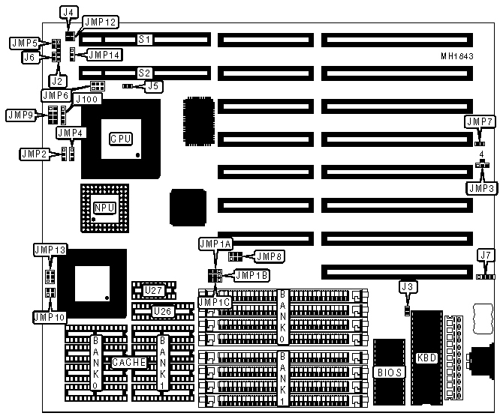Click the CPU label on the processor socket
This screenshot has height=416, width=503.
pyautogui.click(x=121, y=139)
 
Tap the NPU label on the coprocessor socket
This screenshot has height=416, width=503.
pyautogui.click(x=104, y=208)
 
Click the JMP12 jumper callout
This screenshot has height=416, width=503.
pyautogui.click(x=99, y=22)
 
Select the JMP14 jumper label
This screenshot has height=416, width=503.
pyautogui.click(x=105, y=54)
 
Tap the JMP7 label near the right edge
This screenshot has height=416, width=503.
pyautogui.click(x=479, y=121)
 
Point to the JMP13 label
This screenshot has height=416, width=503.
pyautogui.click(x=50, y=248)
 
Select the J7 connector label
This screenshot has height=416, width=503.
pyautogui.click(x=486, y=256)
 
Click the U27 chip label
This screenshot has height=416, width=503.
pyautogui.click(x=153, y=290)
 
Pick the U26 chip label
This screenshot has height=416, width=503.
pyautogui.click(x=162, y=311)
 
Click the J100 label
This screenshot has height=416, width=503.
pyautogui.click(x=85, y=99)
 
